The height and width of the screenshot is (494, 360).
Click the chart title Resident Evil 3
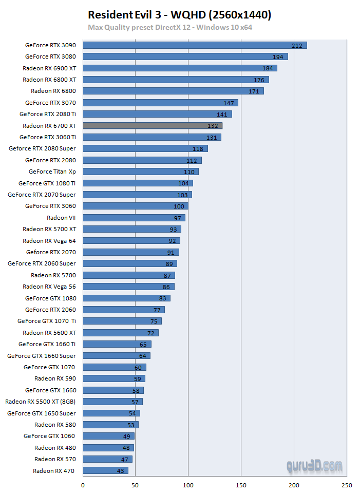(x=179, y=15)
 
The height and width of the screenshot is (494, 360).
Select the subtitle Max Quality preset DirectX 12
(x=169, y=27)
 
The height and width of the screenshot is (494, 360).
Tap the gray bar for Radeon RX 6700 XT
(x=152, y=125)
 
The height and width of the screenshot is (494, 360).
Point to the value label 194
(x=278, y=57)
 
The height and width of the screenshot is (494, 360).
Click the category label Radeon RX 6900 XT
(x=49, y=68)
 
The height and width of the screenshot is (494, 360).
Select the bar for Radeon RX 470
(x=105, y=470)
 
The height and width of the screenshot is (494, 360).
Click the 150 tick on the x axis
(x=241, y=484)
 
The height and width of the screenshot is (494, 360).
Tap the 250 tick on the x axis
(x=347, y=484)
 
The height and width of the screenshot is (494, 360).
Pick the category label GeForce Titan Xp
(x=52, y=172)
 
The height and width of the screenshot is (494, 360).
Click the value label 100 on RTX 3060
(x=179, y=206)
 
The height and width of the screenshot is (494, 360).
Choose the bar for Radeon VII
(x=134, y=218)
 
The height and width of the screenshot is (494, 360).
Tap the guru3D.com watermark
(x=314, y=466)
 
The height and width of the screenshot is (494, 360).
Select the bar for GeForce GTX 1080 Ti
(x=137, y=183)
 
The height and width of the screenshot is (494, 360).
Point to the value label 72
(x=151, y=333)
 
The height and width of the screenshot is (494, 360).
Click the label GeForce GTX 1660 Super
(x=42, y=355)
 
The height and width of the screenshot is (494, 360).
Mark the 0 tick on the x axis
(x=83, y=484)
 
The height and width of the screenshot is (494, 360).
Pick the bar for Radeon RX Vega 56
(x=128, y=287)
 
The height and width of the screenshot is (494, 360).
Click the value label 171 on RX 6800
(x=254, y=91)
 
